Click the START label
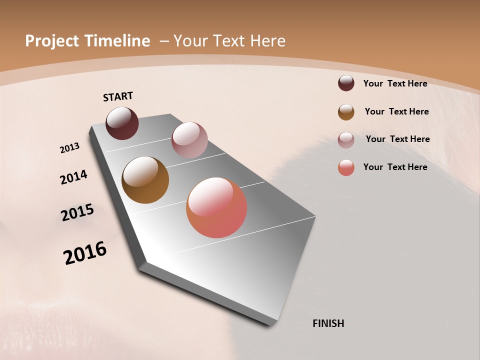click(x=118, y=96)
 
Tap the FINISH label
click(x=328, y=323)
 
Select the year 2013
click(x=69, y=148)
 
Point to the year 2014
click(x=73, y=177)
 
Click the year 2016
click(x=85, y=253)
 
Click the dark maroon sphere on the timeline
click(x=122, y=123)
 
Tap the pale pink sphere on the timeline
click(x=189, y=140)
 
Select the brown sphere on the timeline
click(x=145, y=180)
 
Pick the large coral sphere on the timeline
click(x=216, y=207)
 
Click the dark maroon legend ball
click(x=346, y=83)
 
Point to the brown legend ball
click(x=346, y=112)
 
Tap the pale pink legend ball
click(x=346, y=139)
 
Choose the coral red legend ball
click(x=346, y=167)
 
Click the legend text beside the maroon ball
click(x=395, y=83)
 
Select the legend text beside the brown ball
click(x=396, y=111)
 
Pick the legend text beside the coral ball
click(x=395, y=167)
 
